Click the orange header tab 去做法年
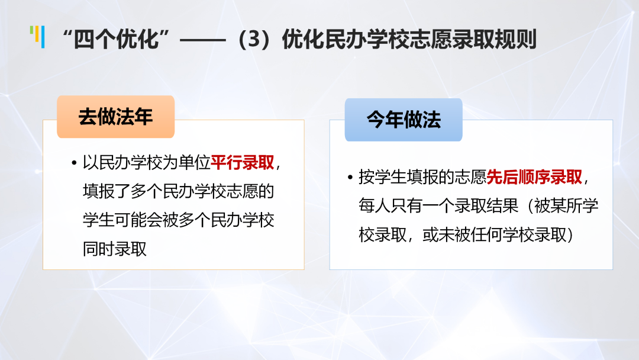click(x=116, y=117)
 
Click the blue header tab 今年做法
click(x=404, y=120)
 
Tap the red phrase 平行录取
click(x=243, y=163)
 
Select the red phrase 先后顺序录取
click(x=534, y=177)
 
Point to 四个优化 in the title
click(x=116, y=39)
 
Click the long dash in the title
click(x=202, y=40)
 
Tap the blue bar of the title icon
click(x=43, y=37)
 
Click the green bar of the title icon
click(x=31, y=31)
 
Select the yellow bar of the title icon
click(x=37, y=34)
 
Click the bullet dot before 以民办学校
click(x=74, y=163)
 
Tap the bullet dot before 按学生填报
click(x=350, y=178)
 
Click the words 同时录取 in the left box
click(x=115, y=249)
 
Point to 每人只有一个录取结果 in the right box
click(x=438, y=205)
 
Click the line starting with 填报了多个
click(x=179, y=191)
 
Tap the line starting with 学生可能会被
click(x=179, y=220)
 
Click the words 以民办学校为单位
click(x=147, y=163)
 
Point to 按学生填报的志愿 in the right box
click(x=422, y=177)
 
